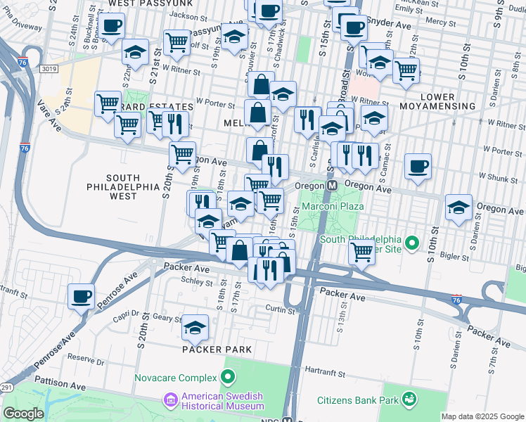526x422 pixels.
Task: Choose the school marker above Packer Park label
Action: (195, 328)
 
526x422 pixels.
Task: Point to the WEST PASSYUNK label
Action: (147, 4)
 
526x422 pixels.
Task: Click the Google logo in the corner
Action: (23, 414)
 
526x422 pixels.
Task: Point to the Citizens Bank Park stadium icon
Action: (407, 400)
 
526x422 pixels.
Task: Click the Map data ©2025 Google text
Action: (482, 416)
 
